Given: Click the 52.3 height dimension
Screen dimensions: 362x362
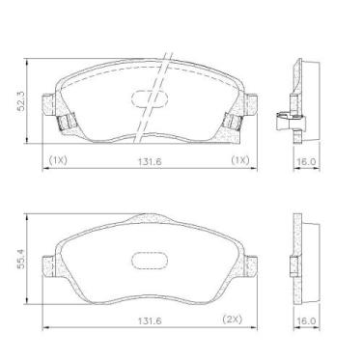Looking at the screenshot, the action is click(x=21, y=101).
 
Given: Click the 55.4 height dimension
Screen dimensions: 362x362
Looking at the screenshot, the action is click(x=21, y=259).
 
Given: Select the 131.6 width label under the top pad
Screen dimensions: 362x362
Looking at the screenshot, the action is click(x=150, y=162).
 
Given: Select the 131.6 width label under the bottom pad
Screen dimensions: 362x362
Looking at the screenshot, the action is click(x=150, y=320).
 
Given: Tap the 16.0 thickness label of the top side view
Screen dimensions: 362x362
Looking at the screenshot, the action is click(x=306, y=161).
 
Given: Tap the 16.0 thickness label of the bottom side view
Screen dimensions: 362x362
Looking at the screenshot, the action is click(x=306, y=320).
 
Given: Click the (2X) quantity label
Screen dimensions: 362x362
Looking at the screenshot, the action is click(x=233, y=320).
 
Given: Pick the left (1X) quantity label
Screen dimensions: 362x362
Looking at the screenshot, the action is click(x=58, y=160).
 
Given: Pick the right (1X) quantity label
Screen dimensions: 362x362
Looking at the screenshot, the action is click(x=240, y=160).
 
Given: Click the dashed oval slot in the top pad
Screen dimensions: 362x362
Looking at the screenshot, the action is click(x=150, y=98).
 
